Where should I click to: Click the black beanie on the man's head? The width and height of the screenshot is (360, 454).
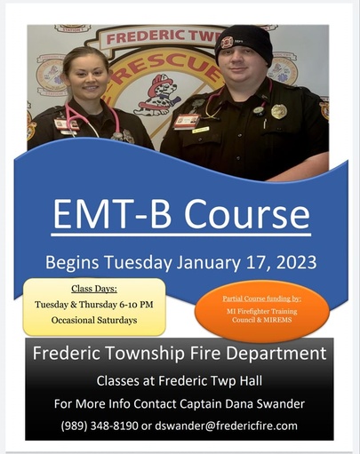[244, 43]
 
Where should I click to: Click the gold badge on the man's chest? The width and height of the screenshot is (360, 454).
[279, 111]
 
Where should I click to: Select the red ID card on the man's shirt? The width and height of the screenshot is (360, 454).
[187, 122]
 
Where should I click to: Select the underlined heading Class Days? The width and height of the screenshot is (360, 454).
[94, 289]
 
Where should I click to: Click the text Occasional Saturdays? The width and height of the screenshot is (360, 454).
[94, 320]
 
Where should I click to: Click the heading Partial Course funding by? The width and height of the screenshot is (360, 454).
[262, 299]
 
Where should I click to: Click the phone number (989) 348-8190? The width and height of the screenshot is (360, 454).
[100, 426]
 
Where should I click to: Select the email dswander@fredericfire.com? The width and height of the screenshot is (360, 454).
[226, 426]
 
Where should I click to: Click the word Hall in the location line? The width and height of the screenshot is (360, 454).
[252, 380]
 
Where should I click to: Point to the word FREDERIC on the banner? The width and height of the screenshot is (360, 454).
[142, 37]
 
